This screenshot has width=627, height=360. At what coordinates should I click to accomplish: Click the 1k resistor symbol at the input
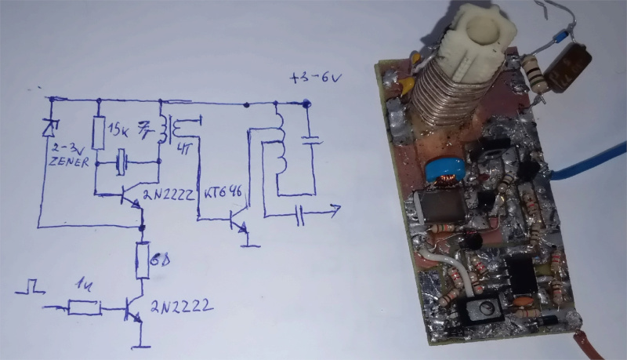point(84,308)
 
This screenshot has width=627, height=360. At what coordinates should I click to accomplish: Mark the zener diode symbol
point(51,125)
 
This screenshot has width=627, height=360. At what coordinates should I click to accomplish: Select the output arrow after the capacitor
point(333,209)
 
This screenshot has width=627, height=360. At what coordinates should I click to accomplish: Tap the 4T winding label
point(186,151)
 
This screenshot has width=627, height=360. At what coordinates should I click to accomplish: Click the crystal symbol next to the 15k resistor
point(121,164)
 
